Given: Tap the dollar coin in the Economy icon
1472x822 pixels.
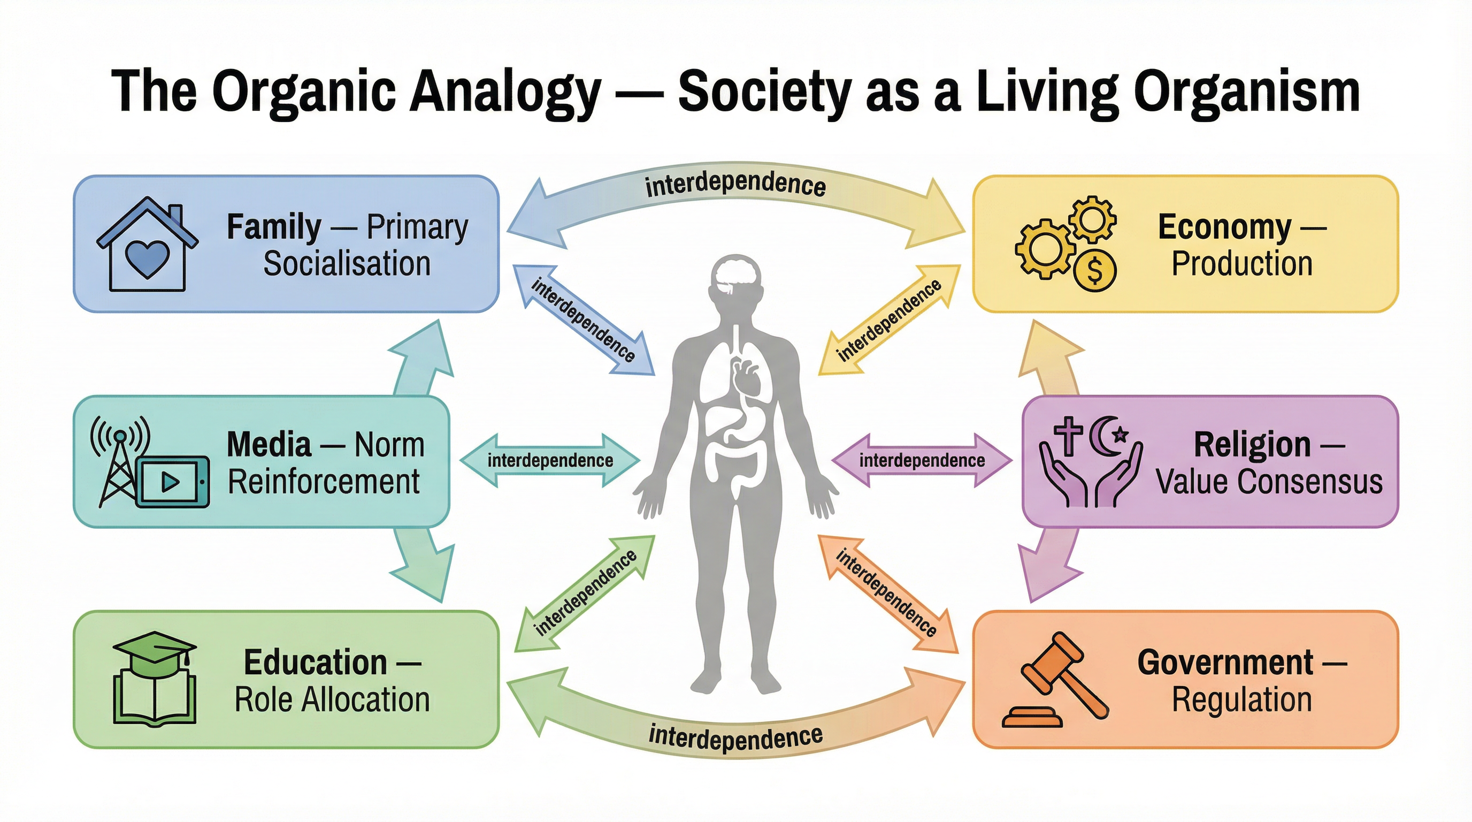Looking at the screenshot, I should pos(1094,270).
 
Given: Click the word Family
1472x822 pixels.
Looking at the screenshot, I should pos(274,227).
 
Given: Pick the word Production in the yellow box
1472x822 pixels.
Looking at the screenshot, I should pos(1241,263).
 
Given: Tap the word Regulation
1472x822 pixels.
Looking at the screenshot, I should pos(1241,699).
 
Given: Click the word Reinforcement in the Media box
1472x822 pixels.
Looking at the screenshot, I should pos(324,481).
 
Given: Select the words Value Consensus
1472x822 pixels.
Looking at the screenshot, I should pos(1269,481).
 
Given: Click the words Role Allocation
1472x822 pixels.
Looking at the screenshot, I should pos(332,699).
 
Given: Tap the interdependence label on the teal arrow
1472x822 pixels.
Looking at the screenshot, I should pos(550,460).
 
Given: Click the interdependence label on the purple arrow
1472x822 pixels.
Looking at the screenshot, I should pos(922,460).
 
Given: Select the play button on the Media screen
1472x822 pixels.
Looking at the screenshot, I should pos(170,482).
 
